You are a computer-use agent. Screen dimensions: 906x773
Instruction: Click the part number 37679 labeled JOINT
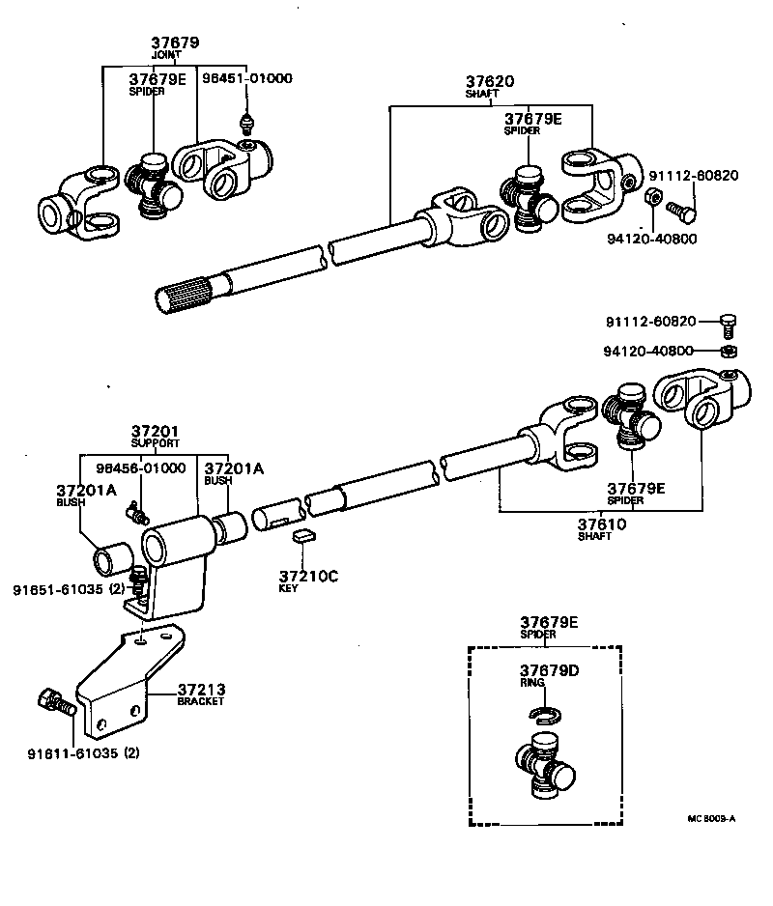coord(175,42)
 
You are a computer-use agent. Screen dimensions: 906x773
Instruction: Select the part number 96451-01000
coord(246,78)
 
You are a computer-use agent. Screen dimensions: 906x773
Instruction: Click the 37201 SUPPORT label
coord(156,431)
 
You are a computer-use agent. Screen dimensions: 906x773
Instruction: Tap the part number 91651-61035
coord(59,588)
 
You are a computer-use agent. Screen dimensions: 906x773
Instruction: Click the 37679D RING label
coord(548,670)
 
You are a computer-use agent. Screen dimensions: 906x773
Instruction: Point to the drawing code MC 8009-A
coord(711,819)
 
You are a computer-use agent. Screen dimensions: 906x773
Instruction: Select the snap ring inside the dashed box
coord(545,714)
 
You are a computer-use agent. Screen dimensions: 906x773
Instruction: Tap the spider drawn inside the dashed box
coord(545,767)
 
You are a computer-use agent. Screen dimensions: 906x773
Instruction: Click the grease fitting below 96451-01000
coord(247,124)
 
